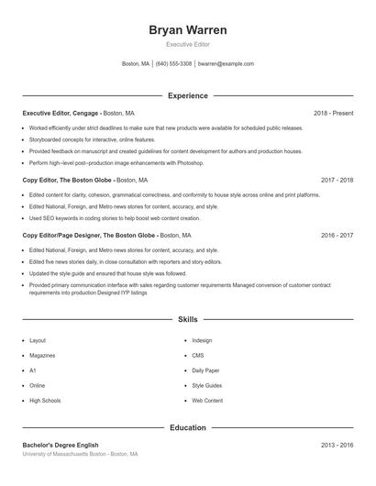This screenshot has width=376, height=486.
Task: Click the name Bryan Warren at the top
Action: (x=187, y=30)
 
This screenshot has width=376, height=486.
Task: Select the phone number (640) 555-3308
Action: (x=173, y=64)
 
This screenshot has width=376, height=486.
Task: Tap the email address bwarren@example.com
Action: (x=226, y=64)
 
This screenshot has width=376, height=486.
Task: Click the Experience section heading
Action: (x=187, y=95)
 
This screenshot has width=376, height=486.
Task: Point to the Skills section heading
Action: (x=187, y=319)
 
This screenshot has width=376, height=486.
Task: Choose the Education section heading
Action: (x=187, y=427)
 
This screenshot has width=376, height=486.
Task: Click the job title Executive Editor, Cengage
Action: (x=61, y=113)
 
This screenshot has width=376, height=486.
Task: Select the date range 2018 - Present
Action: (x=333, y=113)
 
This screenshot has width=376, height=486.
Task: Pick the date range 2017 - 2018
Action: (x=337, y=181)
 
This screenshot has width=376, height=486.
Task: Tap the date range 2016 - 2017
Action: (x=337, y=236)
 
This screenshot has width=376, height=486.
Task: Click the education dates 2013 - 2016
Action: (x=337, y=445)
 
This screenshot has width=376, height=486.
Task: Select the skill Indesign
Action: (x=202, y=340)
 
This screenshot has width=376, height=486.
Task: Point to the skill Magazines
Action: (x=42, y=355)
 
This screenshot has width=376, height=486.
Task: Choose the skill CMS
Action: (x=197, y=355)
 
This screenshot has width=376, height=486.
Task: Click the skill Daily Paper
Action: (x=205, y=370)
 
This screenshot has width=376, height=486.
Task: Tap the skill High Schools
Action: (x=45, y=401)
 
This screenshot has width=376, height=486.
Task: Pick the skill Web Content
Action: (x=207, y=401)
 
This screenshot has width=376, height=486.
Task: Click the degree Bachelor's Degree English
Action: (x=61, y=445)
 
